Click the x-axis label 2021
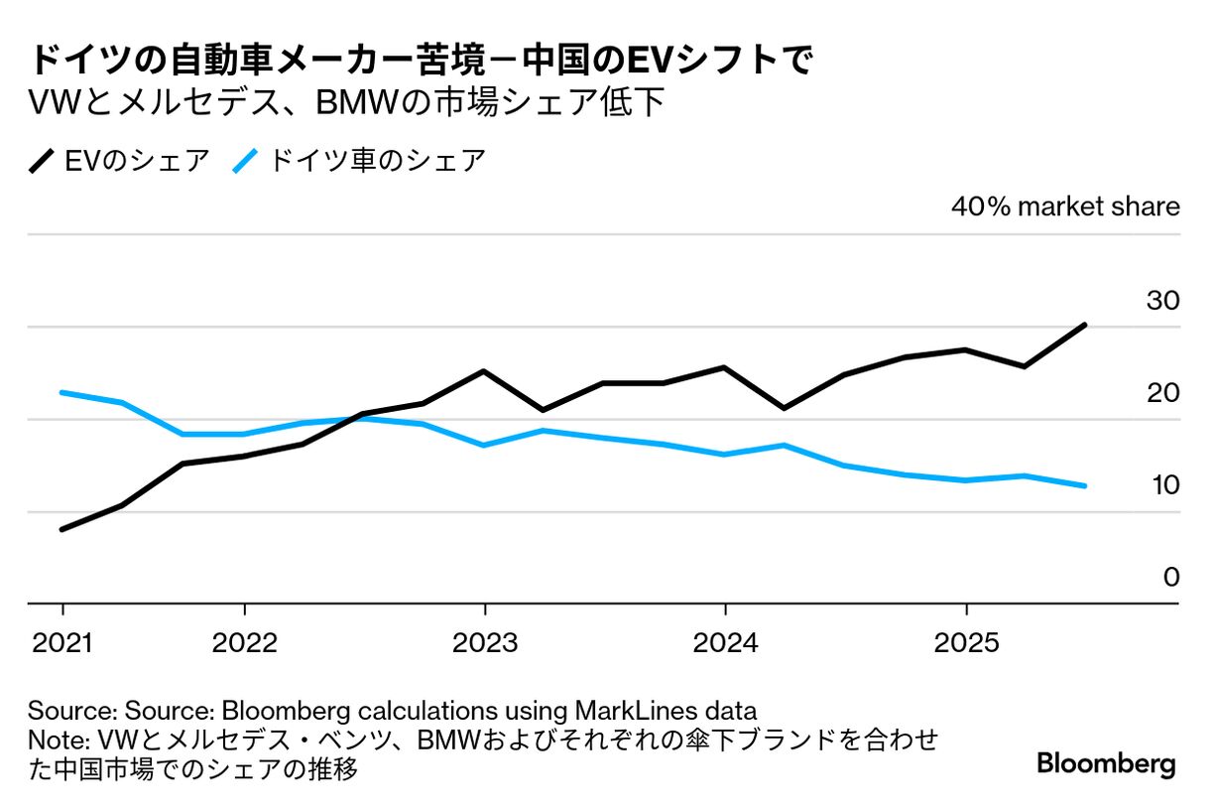pos(62,643)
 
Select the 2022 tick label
pos(244,643)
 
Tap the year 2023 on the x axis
pos(485,643)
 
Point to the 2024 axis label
pos(726,643)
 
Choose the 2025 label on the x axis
pos(966,643)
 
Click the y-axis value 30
pos(1163,300)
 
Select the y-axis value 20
pos(1163,392)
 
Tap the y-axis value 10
pos(1163,484)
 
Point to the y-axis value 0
pos(1171,577)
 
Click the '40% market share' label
pos(1065,206)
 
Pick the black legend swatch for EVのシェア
pos(44,161)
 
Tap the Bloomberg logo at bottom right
pos(1106,764)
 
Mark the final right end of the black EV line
pos(1086,325)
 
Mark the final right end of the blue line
pos(1086,486)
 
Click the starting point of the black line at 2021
pos(62,529)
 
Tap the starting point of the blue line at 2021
pos(62,392)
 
